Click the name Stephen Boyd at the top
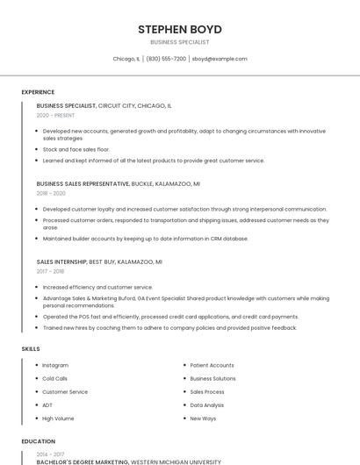tap(179, 29)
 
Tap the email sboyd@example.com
tap(220, 59)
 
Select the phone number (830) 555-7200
tap(166, 59)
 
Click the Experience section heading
tap(38, 92)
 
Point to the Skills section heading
tap(31, 349)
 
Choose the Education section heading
tap(39, 441)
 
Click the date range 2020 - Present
tap(55, 115)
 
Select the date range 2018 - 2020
tap(51, 193)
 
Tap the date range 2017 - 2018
tap(50, 270)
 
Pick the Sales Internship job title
tap(61, 261)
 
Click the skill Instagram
tap(55, 365)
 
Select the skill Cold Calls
tap(55, 378)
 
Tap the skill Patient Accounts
tap(212, 365)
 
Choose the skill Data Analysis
tap(207, 405)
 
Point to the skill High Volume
tap(58, 418)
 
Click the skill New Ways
tap(203, 418)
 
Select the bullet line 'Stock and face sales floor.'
tap(76, 150)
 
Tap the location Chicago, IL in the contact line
tap(126, 59)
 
